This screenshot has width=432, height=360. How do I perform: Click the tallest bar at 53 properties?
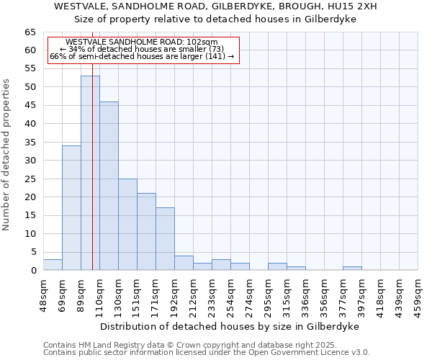coord(90,173)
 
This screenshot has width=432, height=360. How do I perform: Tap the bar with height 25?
coord(127,224)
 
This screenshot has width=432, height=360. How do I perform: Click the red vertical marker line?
coord(93,144)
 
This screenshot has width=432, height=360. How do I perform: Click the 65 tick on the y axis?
coord(30,32)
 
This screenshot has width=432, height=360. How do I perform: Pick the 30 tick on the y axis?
coord(30,161)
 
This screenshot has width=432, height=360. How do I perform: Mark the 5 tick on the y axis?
coord(32,252)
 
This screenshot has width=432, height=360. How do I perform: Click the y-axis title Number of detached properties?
coord(7,155)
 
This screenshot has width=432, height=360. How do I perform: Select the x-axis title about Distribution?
coord(229,326)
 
